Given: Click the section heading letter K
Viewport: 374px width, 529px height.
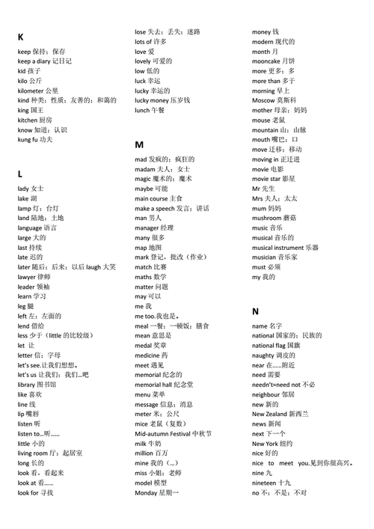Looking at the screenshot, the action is (x=21, y=37).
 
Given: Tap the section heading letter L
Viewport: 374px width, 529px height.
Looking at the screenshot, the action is (x=20, y=174).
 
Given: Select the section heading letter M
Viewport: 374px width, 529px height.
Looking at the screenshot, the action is (x=139, y=144).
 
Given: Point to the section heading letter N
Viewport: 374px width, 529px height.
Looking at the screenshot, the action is (x=256, y=311).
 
